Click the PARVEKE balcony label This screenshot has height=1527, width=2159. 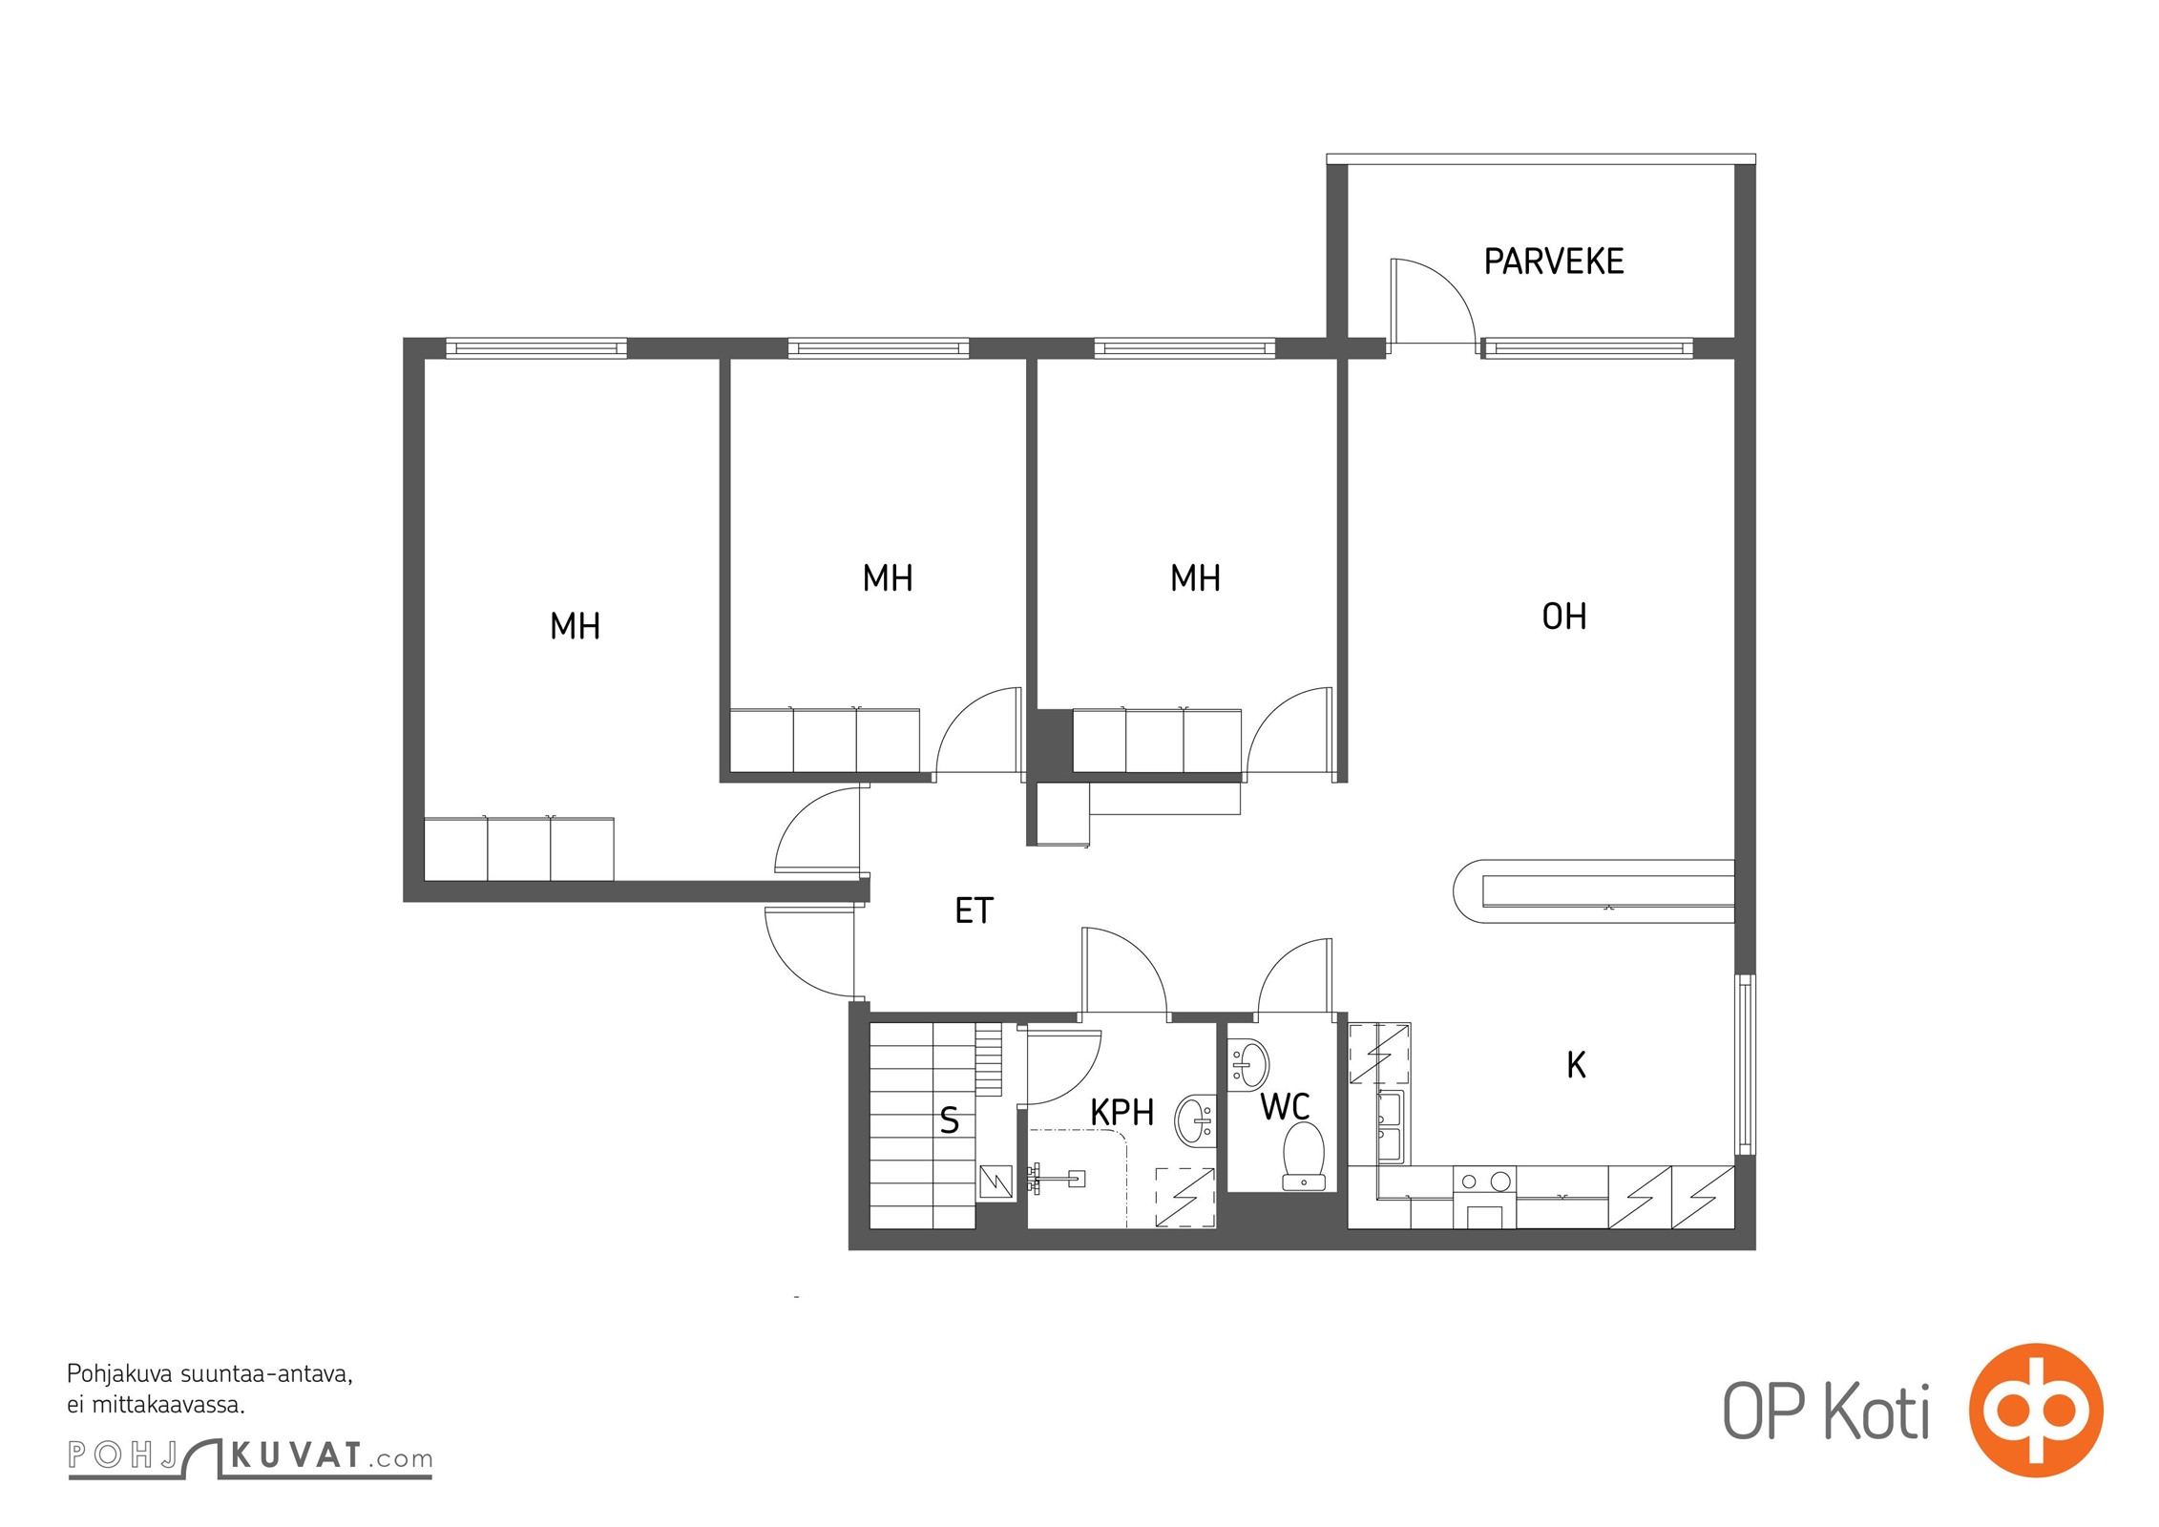[1553, 261]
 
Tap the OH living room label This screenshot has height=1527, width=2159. [1564, 617]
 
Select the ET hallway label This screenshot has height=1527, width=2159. [974, 910]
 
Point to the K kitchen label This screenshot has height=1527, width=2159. [1576, 1064]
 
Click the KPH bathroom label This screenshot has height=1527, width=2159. [1121, 1112]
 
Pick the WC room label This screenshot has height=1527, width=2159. [1285, 1107]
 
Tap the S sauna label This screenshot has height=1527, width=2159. [949, 1119]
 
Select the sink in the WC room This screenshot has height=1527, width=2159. [1247, 1064]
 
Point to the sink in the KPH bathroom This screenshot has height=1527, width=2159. [1195, 1120]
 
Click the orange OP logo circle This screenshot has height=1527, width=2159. [2036, 1410]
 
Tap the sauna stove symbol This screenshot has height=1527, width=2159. [996, 1182]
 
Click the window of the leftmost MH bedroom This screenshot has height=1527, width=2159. [536, 348]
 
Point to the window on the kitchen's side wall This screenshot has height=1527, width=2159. [1745, 1064]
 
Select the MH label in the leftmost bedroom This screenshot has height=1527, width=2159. [575, 626]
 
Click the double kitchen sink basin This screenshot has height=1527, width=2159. [1391, 1127]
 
